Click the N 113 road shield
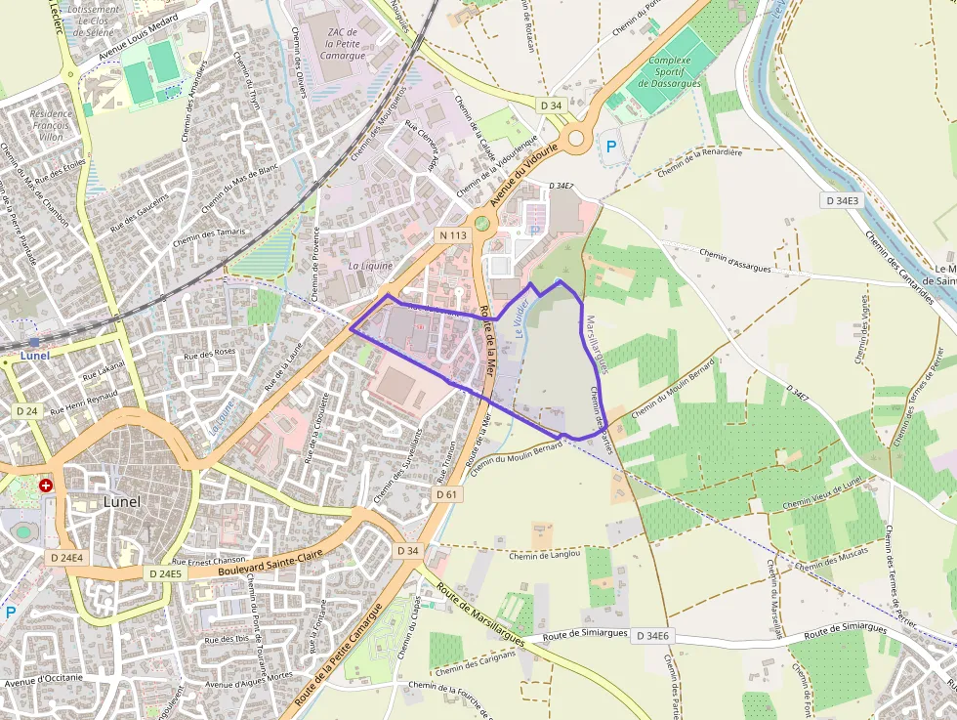click(x=452, y=235)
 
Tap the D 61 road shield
click(x=447, y=495)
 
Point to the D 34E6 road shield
click(x=652, y=636)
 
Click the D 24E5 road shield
click(x=163, y=573)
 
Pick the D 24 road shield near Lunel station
click(x=25, y=411)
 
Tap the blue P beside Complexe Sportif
click(x=612, y=147)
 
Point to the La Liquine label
click(x=370, y=265)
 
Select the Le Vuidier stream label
click(x=522, y=318)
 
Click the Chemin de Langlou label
click(x=546, y=554)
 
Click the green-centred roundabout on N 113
click(x=480, y=223)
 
